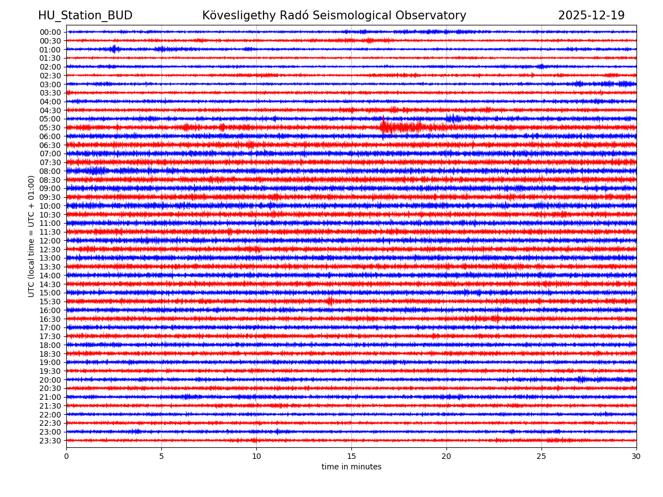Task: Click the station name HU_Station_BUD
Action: point(85,15)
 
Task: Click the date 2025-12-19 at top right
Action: point(591,15)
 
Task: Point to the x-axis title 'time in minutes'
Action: point(351,467)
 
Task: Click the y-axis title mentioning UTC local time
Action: point(31,236)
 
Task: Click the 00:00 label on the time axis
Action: point(50,32)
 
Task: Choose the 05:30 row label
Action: point(50,128)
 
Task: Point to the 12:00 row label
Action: point(50,241)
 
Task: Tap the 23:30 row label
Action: point(50,441)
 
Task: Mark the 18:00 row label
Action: point(50,345)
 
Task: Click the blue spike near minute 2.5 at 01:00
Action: point(114,49)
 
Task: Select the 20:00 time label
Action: point(50,380)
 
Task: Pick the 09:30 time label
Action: point(50,197)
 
